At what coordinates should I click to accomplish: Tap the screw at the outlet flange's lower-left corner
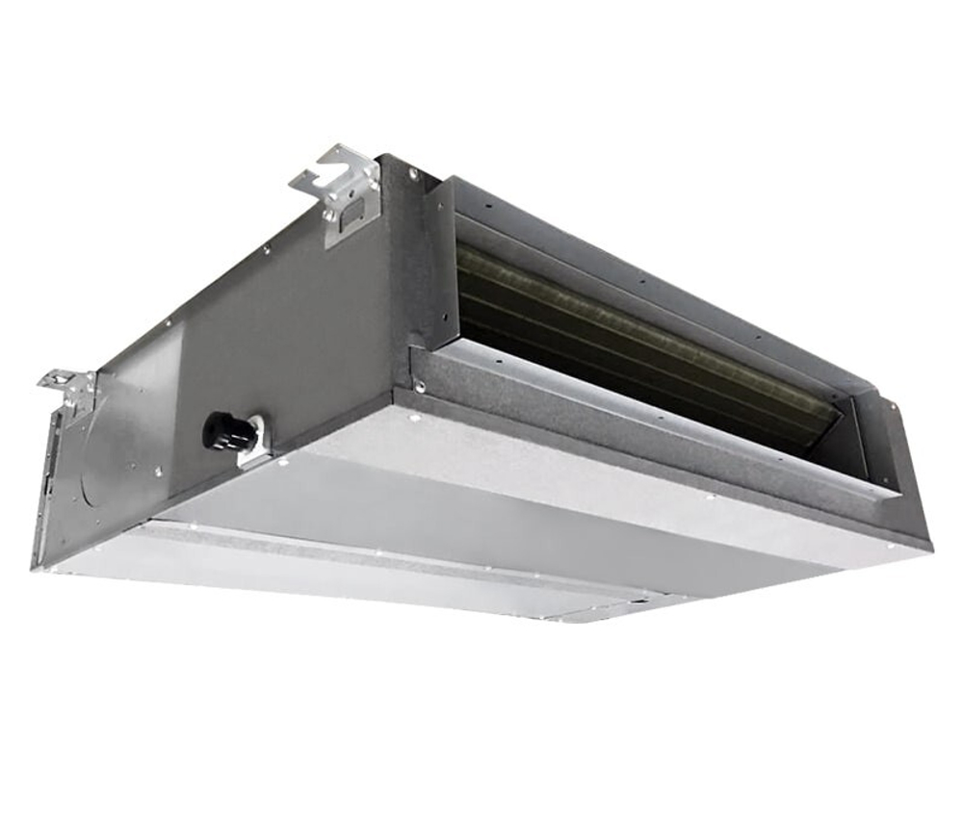coord(422,389)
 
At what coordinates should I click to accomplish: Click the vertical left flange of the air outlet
coord(438,265)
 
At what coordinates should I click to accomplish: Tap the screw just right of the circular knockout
coord(160,471)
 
